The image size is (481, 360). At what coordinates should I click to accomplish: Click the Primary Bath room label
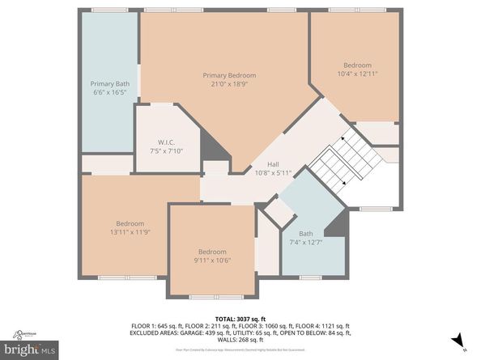(x=110, y=83)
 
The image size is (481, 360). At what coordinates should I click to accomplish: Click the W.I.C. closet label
(x=167, y=141)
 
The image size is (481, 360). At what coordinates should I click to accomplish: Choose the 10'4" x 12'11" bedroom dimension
(x=356, y=74)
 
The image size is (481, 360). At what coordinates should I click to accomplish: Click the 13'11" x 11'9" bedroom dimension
(x=130, y=232)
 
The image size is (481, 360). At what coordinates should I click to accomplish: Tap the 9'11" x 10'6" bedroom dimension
(x=212, y=260)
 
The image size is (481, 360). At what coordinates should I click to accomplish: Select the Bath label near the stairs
(x=305, y=233)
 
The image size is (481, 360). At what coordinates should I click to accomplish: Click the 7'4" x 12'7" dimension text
(x=305, y=242)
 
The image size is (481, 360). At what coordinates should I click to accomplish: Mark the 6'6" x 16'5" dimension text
(x=110, y=92)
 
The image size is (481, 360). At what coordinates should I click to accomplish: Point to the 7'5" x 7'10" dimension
(x=167, y=150)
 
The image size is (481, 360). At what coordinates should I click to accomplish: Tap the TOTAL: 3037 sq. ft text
(x=240, y=319)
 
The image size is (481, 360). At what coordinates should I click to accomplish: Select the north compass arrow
(x=458, y=340)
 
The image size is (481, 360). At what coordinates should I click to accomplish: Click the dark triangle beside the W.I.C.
(x=212, y=148)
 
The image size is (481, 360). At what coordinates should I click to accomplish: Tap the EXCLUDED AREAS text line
(x=240, y=332)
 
